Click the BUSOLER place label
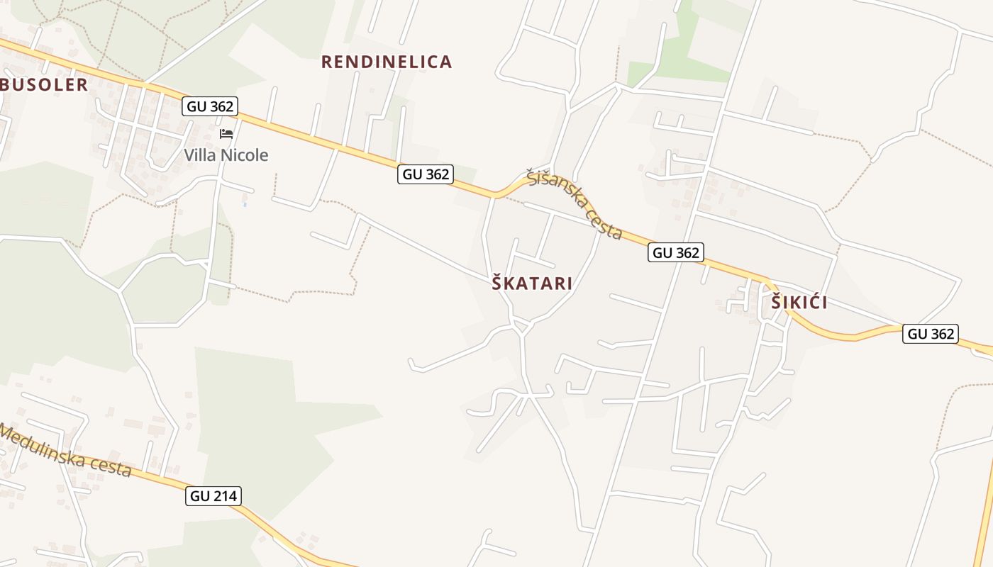[45, 85]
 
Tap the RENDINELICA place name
[387, 62]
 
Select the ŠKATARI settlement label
[532, 283]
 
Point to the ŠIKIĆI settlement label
[799, 303]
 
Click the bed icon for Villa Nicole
[226, 134]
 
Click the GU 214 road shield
[214, 496]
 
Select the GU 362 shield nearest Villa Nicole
[209, 106]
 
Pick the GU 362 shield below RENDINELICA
[426, 174]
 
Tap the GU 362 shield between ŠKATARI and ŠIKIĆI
[675, 252]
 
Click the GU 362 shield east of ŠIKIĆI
[931, 334]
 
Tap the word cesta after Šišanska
[604, 225]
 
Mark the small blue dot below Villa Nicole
[245, 204]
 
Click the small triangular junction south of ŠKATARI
[523, 326]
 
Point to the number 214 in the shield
[225, 496]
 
